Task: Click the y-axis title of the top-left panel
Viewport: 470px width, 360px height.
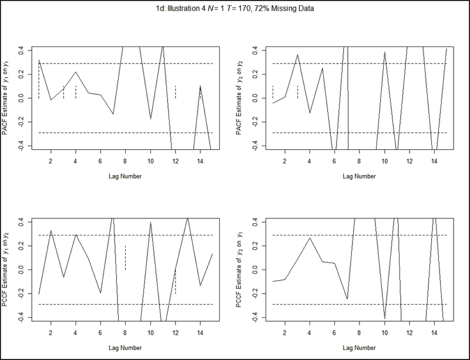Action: pos(8,99)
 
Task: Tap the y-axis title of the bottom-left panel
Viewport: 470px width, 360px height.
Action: pos(8,270)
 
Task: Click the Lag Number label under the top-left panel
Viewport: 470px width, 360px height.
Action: pos(125,176)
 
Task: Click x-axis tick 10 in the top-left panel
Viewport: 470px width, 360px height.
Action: pos(150,161)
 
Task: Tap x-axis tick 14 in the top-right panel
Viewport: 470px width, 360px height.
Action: pos(434,161)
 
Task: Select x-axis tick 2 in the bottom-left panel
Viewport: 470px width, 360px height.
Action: pos(51,332)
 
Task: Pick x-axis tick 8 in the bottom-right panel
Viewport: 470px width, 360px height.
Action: pos(360,332)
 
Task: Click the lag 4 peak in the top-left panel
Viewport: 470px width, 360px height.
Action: pos(75,72)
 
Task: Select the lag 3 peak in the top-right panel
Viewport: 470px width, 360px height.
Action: pos(297,55)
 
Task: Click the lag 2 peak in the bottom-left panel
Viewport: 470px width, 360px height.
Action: pos(51,231)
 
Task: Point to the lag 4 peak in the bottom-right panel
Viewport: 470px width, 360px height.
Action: pos(310,238)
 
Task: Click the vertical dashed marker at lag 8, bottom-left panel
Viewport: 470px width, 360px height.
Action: pos(125,258)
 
